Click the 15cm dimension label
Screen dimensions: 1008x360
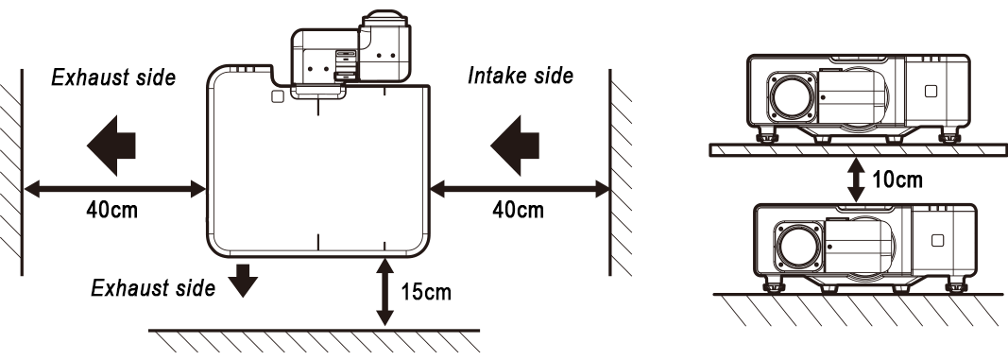tap(426, 293)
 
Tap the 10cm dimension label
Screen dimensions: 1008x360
tap(897, 180)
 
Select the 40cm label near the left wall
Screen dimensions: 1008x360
tap(111, 210)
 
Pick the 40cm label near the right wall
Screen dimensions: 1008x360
tap(518, 210)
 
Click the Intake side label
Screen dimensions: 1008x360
tap(521, 76)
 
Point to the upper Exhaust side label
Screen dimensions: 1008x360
tap(113, 77)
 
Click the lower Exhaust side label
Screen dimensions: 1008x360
tap(153, 288)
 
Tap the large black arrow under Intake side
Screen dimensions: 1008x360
tap(515, 146)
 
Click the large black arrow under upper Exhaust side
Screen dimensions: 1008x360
tap(111, 146)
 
